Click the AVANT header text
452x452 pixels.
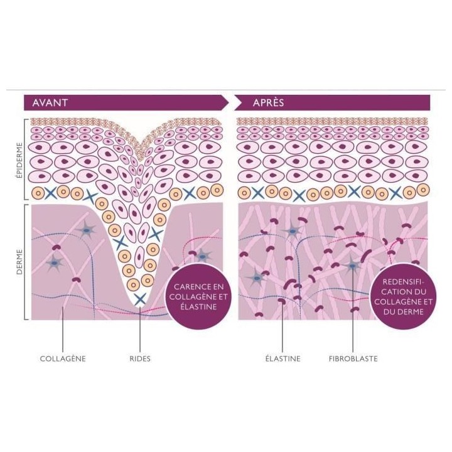pos(50,102)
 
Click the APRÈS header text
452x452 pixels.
pos(269,102)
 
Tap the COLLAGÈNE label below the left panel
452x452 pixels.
pos(63,358)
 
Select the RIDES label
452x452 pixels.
pos(140,359)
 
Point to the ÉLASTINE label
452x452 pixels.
pos(282,358)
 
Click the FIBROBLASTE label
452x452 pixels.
pos(353,359)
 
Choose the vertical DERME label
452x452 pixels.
pos(19,262)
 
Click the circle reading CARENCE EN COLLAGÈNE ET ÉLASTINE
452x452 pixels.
pos(198,296)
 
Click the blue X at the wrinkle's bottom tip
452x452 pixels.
pos(140,299)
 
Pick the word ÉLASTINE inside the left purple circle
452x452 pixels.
pos(198,306)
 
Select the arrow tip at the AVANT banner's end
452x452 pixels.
pos(229,102)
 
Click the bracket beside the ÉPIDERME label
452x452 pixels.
pos(26,159)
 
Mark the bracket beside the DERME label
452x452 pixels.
pos(26,262)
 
